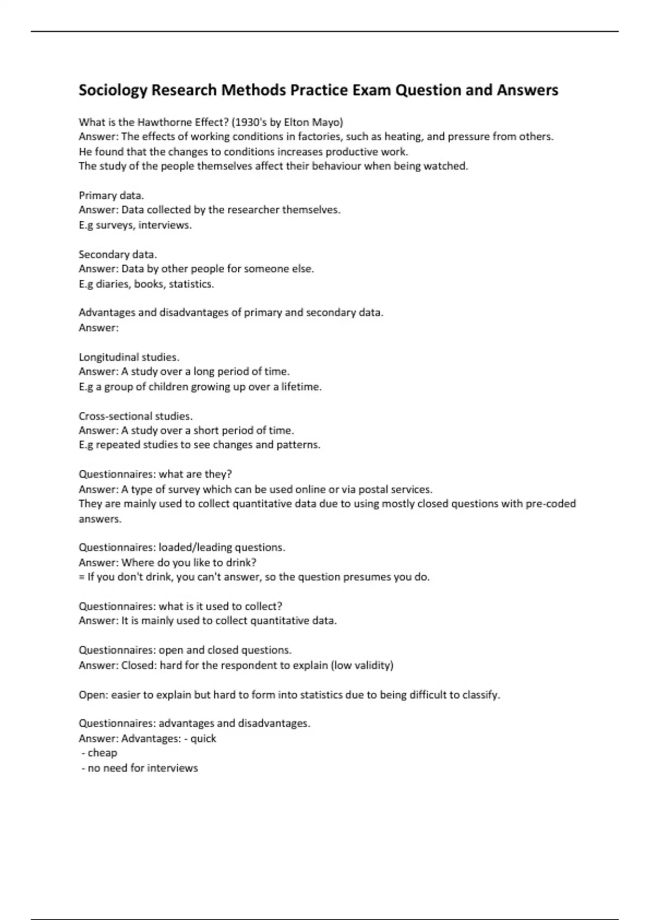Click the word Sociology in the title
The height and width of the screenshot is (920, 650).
tap(112, 90)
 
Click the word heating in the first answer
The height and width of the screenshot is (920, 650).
tap(402, 137)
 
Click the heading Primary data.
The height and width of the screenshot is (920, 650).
tap(111, 195)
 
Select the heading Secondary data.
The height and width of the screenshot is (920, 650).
tap(118, 254)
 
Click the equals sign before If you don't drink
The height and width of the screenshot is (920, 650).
tap(82, 577)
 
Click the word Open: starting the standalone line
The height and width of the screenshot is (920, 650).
tap(93, 695)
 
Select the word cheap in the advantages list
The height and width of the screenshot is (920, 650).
tap(102, 753)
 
